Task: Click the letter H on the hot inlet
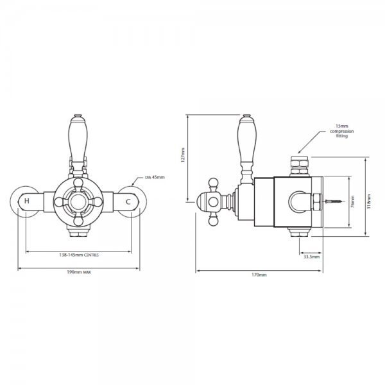pos(27,201)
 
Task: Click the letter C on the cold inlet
pos(128,202)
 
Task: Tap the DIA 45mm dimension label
pos(155,177)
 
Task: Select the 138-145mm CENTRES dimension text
pos(79,255)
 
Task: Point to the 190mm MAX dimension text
pos(79,272)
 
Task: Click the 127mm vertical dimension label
pos(182,155)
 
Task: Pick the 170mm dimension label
pos(259,275)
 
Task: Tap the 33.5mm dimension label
pos(312,257)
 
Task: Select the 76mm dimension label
pos(353,201)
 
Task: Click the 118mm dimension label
pos(368,201)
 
